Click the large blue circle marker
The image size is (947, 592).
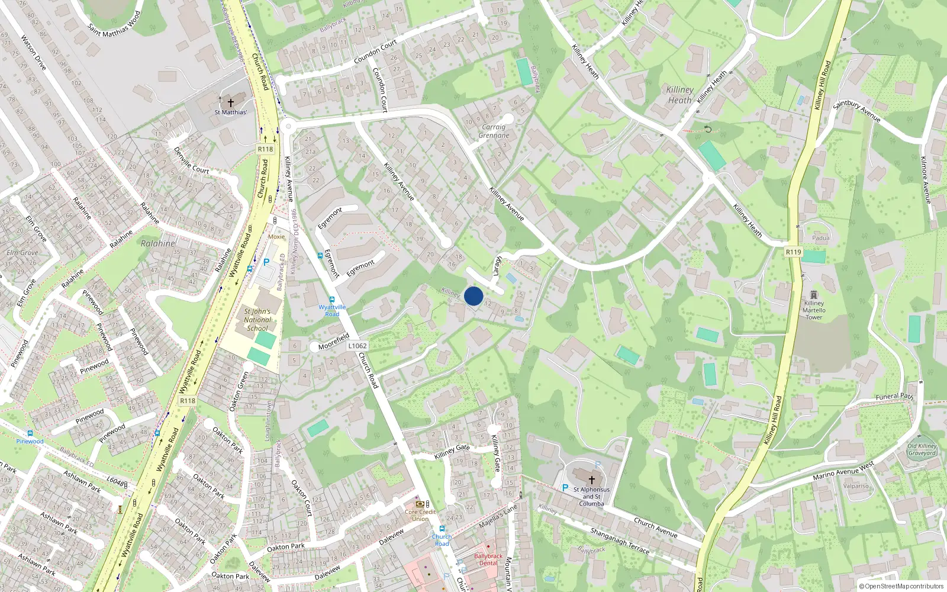click(474, 296)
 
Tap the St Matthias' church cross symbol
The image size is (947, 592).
click(231, 102)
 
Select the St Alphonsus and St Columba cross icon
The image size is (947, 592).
click(591, 480)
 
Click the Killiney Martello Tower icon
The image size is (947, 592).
click(814, 295)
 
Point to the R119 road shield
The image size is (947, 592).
click(793, 252)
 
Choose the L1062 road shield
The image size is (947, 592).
click(357, 346)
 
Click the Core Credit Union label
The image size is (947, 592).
click(420, 515)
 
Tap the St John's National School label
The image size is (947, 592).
click(257, 320)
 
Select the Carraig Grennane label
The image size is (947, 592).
click(494, 131)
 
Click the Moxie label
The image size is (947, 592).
click(276, 236)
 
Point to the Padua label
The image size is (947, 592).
click(821, 238)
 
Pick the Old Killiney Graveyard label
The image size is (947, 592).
click(922, 450)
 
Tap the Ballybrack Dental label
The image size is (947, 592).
click(488, 559)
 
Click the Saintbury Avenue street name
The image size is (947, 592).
click(856, 111)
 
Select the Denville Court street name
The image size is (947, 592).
click(191, 160)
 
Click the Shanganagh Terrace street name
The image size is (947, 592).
click(619, 541)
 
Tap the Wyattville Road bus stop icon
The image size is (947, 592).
click(331, 300)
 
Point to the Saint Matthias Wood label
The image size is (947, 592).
click(114, 24)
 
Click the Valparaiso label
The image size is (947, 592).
click(856, 486)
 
